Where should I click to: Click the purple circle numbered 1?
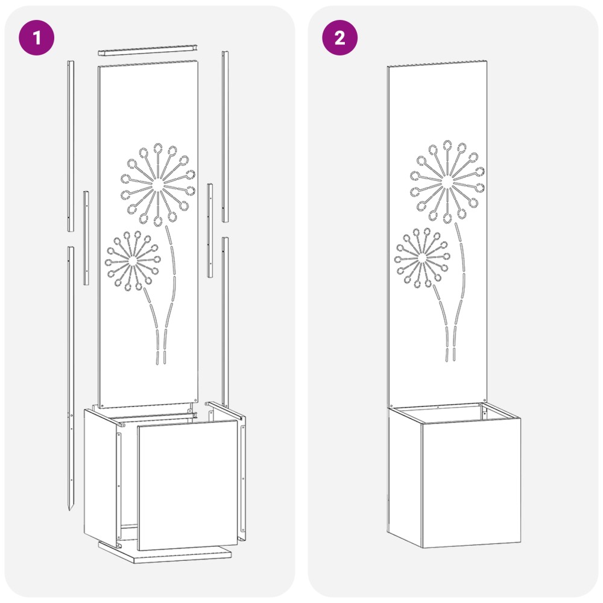pyautogui.click(x=37, y=37)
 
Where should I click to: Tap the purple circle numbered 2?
pyautogui.click(x=339, y=37)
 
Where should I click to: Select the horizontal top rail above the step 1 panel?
pyautogui.click(x=148, y=50)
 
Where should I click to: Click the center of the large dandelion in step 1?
pyautogui.click(x=157, y=185)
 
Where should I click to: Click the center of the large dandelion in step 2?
pyautogui.click(x=447, y=182)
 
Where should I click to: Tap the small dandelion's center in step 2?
pyautogui.click(x=422, y=258)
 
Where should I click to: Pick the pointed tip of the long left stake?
pyautogui.click(x=69, y=510)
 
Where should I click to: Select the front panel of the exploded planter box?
pyautogui.click(x=188, y=485)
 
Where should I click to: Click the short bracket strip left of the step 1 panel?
pyautogui.click(x=86, y=238)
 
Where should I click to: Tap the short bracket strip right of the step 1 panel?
pyautogui.click(x=210, y=230)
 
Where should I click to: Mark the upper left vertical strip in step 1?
pyautogui.click(x=71, y=146)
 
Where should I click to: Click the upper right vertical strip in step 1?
pyautogui.click(x=226, y=136)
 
